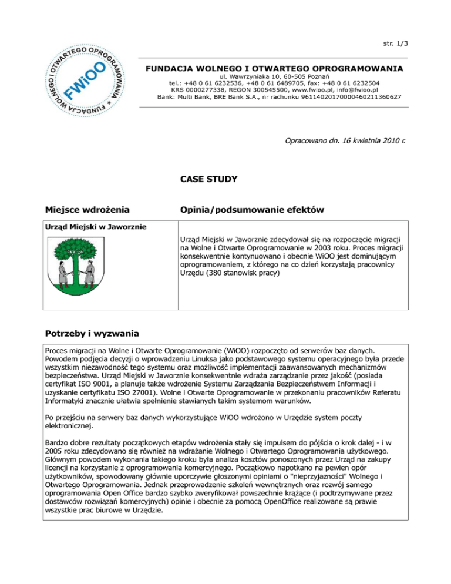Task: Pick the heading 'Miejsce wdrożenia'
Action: pos(87,210)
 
